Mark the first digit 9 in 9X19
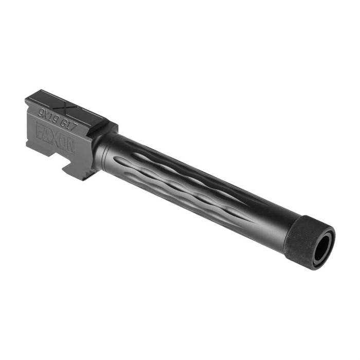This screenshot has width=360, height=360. pos(41,111)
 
